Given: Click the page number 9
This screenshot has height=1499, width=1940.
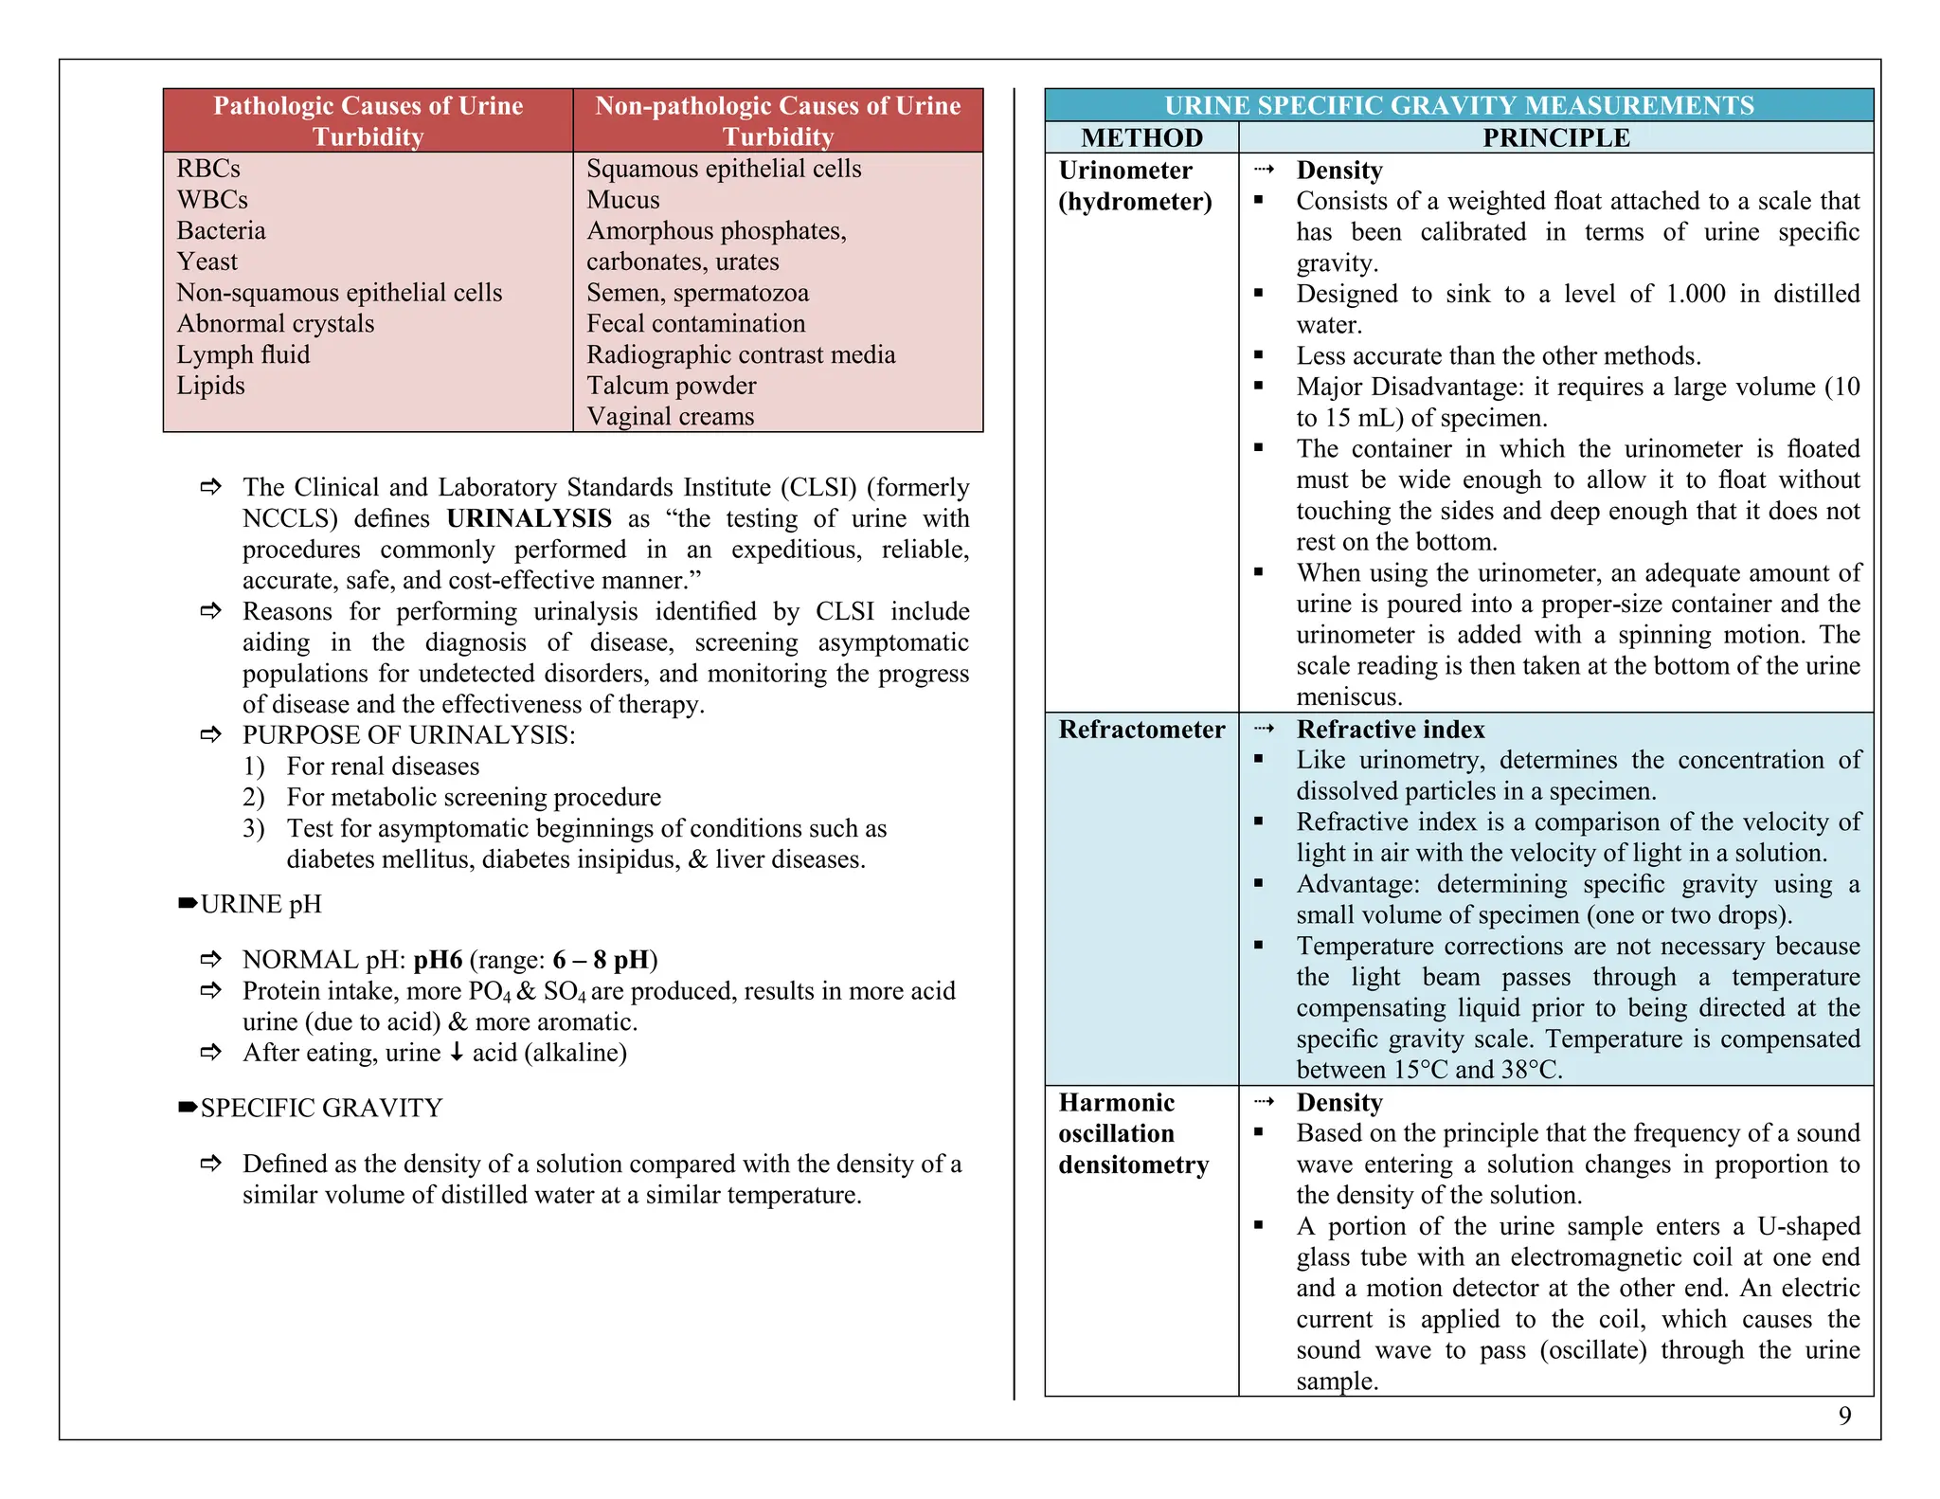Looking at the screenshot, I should click(x=1843, y=1416).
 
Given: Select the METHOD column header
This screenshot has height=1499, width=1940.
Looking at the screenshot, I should click(x=1141, y=138).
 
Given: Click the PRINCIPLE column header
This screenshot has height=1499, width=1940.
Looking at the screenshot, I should click(x=1555, y=138).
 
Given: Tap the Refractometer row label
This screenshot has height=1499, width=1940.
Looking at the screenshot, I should click(x=1141, y=730).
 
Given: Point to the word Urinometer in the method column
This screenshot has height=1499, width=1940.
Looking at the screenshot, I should click(x=1124, y=171).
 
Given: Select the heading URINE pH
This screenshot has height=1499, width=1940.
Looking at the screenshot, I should click(x=260, y=905).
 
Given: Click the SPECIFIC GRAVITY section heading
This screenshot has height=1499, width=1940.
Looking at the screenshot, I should click(x=321, y=1109).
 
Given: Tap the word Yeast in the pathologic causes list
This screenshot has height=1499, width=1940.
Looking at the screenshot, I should click(x=207, y=262).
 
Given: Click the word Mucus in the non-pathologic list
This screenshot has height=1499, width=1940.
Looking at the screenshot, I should click(x=622, y=200).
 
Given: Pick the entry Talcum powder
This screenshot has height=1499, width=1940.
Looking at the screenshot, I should click(x=671, y=386).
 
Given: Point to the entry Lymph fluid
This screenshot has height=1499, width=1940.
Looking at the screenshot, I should click(x=242, y=355).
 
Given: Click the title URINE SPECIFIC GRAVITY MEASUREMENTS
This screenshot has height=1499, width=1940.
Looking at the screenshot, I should click(x=1459, y=105).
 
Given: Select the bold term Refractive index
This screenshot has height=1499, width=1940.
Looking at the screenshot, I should click(x=1390, y=730).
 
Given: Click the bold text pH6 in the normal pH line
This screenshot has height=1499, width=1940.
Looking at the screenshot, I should click(x=438, y=960).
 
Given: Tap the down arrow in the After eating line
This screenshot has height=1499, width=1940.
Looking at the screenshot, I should click(x=457, y=1053).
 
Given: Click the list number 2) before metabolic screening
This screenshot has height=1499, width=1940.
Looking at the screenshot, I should click(x=253, y=798).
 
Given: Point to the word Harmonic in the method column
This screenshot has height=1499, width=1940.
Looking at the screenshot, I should click(x=1116, y=1103).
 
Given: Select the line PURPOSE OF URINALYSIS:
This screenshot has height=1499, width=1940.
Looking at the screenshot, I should click(x=408, y=735).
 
